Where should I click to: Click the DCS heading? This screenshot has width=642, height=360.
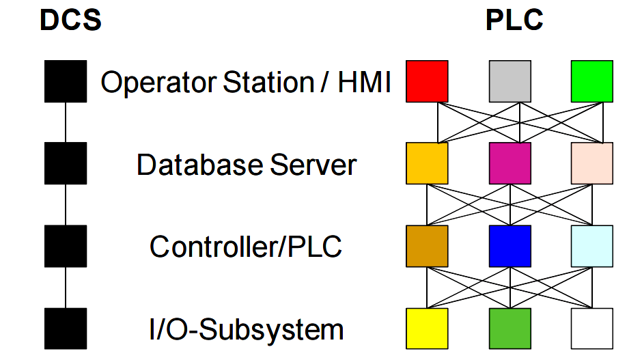[71, 20]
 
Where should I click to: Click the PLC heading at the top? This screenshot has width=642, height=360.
[514, 20]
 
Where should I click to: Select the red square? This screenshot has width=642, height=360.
[427, 81]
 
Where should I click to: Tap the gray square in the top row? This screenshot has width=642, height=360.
[510, 81]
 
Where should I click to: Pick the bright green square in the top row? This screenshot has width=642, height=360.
[591, 81]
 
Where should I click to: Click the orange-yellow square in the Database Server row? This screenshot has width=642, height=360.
[427, 163]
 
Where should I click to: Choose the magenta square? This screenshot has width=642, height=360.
[510, 163]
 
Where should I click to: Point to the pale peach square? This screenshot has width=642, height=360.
[591, 163]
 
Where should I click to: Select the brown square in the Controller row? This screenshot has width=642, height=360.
[427, 246]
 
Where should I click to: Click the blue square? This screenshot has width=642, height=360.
[510, 246]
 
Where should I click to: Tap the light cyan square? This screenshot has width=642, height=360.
[591, 246]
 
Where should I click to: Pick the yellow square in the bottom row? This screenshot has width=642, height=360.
[427, 329]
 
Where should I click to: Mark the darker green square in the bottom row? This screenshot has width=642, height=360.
[510, 329]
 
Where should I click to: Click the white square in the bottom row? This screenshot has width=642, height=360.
[591, 329]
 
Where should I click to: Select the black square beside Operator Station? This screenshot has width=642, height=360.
[66, 81]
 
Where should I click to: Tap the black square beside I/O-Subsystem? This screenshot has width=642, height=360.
[66, 329]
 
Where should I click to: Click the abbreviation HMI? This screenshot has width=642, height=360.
[365, 83]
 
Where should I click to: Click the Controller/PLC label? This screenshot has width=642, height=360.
[246, 247]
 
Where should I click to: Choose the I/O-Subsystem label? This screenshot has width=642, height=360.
[246, 330]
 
